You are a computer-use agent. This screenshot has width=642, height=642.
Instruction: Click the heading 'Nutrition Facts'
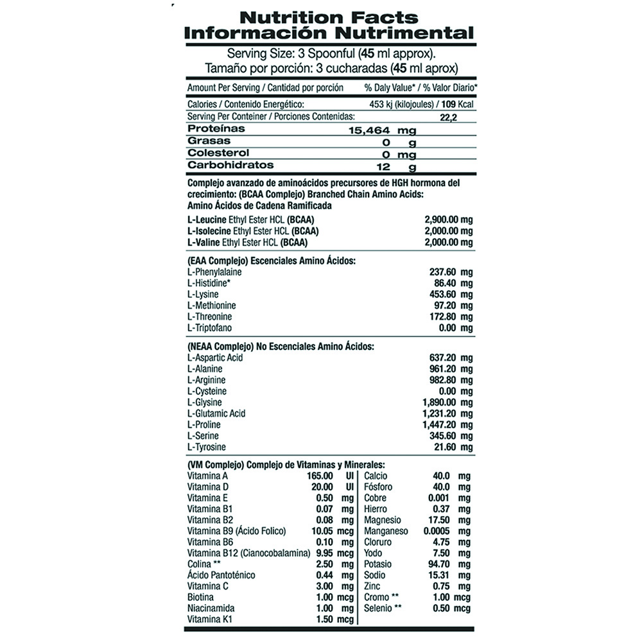point(328,17)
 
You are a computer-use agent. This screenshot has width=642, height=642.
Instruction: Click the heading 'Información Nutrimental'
point(328,33)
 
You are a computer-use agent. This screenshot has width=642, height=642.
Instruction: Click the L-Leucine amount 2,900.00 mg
point(449,220)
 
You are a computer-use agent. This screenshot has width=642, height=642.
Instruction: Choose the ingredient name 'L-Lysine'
point(203,295)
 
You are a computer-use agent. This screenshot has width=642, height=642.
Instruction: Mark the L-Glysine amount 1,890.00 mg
point(449,403)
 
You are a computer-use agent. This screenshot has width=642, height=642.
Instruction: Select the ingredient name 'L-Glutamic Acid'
point(216,413)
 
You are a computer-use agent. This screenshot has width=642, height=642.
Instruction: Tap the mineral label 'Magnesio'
point(383,520)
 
